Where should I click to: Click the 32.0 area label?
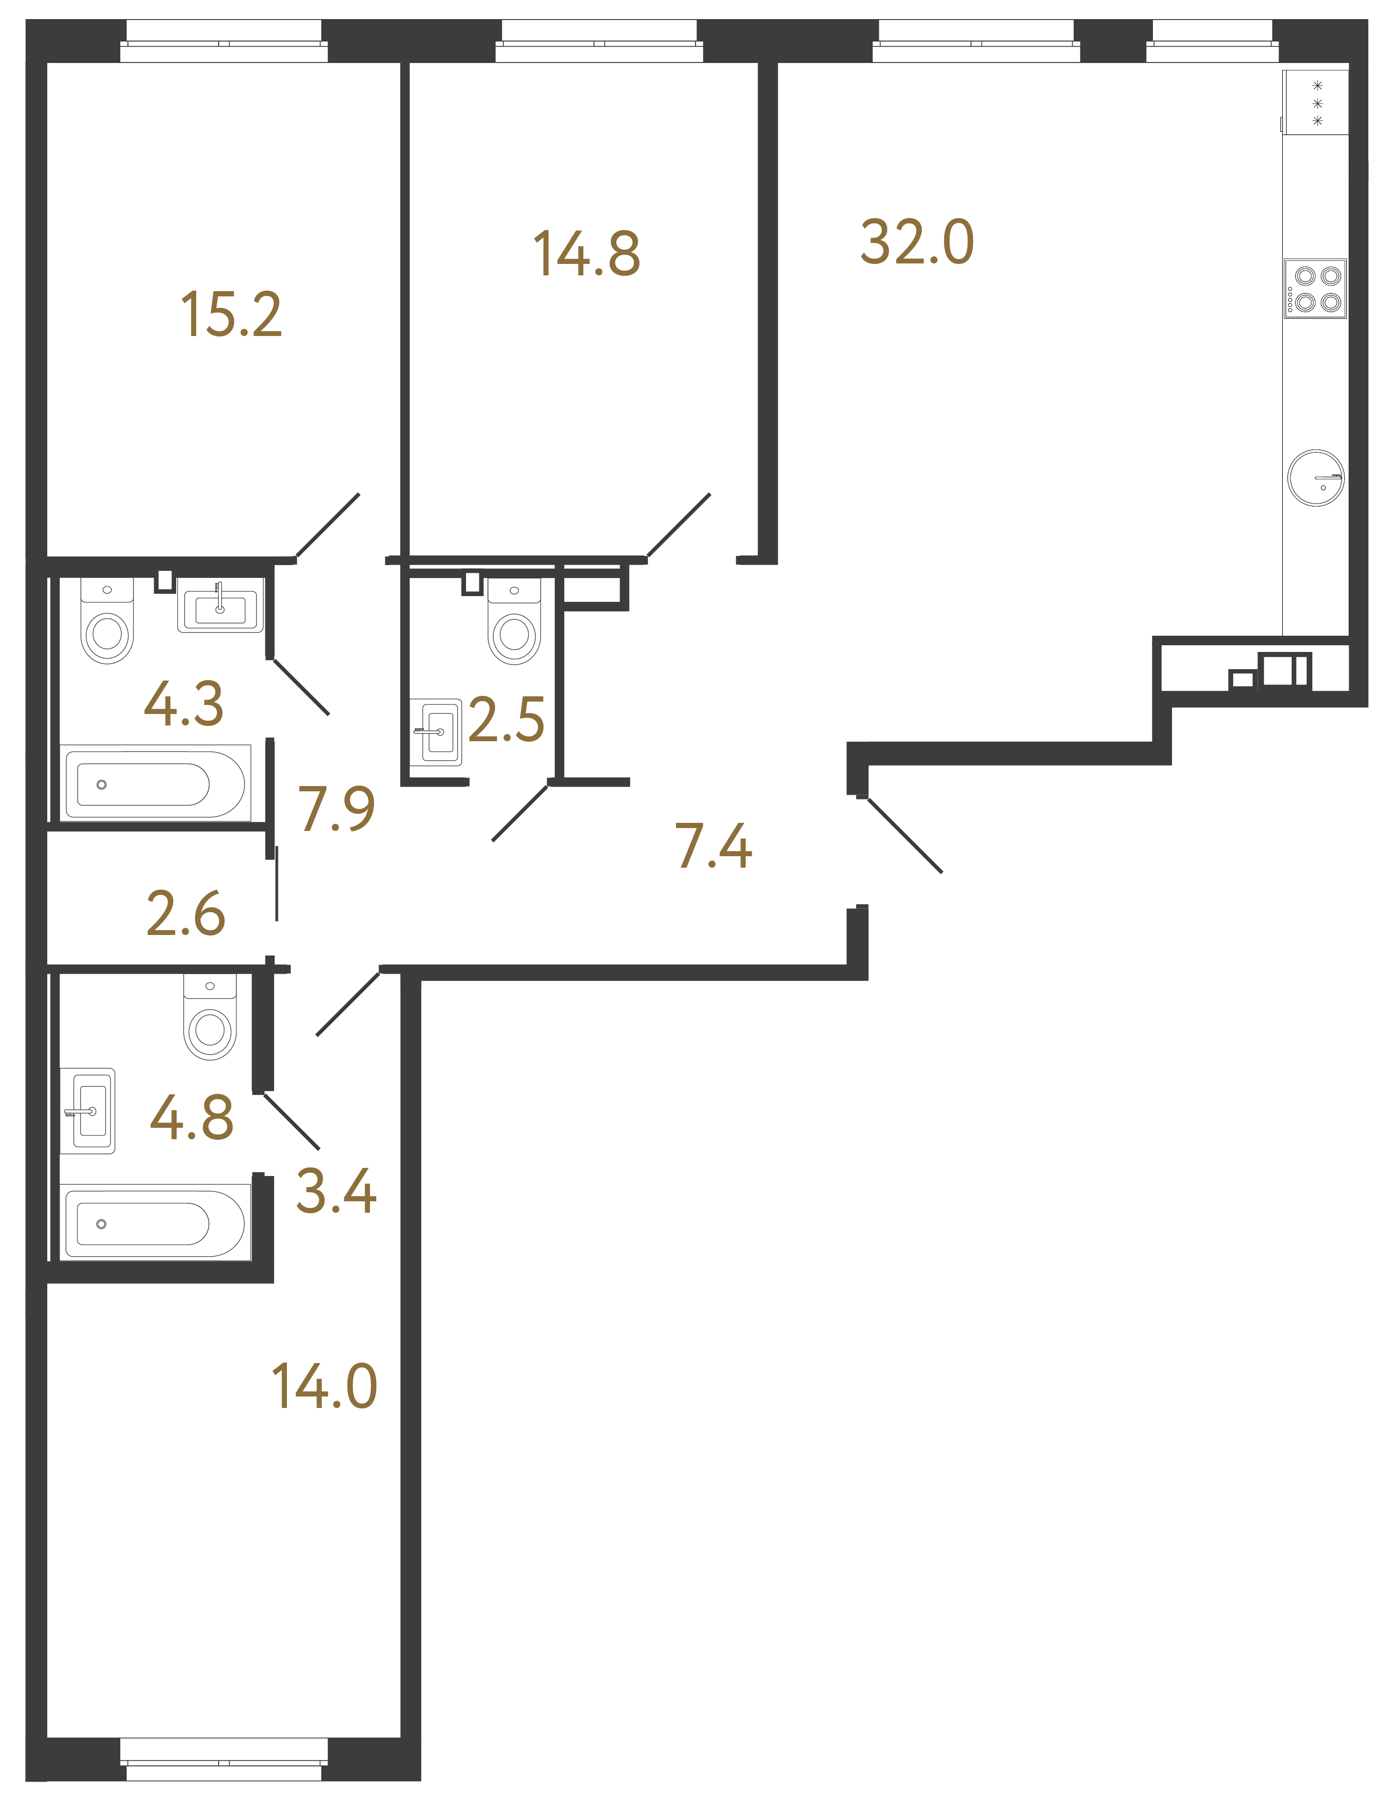pyautogui.click(x=917, y=243)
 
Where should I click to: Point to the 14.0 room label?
pyautogui.click(x=324, y=1387)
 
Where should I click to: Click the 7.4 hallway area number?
pyautogui.click(x=713, y=847)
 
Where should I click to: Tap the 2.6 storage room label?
pyautogui.click(x=185, y=914)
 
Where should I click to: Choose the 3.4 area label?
pyautogui.click(x=336, y=1192)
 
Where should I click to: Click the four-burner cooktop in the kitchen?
pyautogui.click(x=1315, y=289)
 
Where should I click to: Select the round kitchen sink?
pyautogui.click(x=1315, y=478)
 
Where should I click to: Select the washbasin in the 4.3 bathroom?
pyautogui.click(x=220, y=606)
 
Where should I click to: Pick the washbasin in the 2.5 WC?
pyautogui.click(x=436, y=732)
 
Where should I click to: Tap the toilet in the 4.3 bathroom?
pyautogui.click(x=107, y=623)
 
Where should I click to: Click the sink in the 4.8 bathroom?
pyautogui.click(x=88, y=1111)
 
